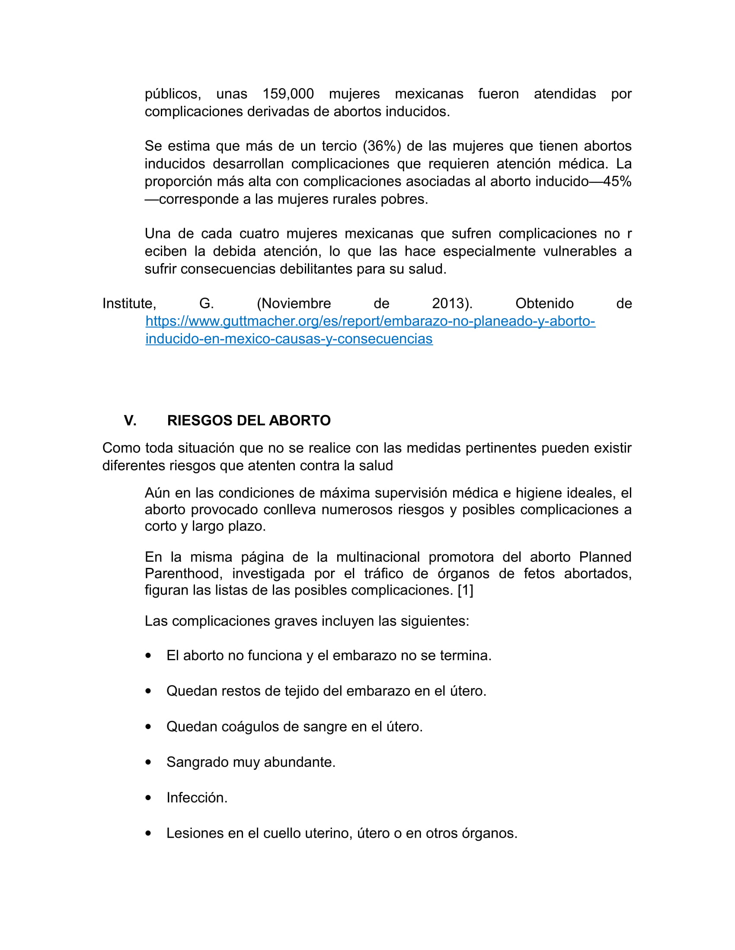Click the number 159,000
[288, 94]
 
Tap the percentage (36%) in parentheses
[382, 146]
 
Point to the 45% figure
[617, 181]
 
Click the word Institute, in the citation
[129, 304]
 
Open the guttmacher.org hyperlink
[370, 321]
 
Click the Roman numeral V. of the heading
[130, 421]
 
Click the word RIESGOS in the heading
[194, 421]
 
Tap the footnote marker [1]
[465, 590]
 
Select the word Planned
[605, 557]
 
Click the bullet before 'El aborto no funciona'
[148, 656]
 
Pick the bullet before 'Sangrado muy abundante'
[148, 763]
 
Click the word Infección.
[197, 798]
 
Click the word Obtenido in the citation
[544, 304]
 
